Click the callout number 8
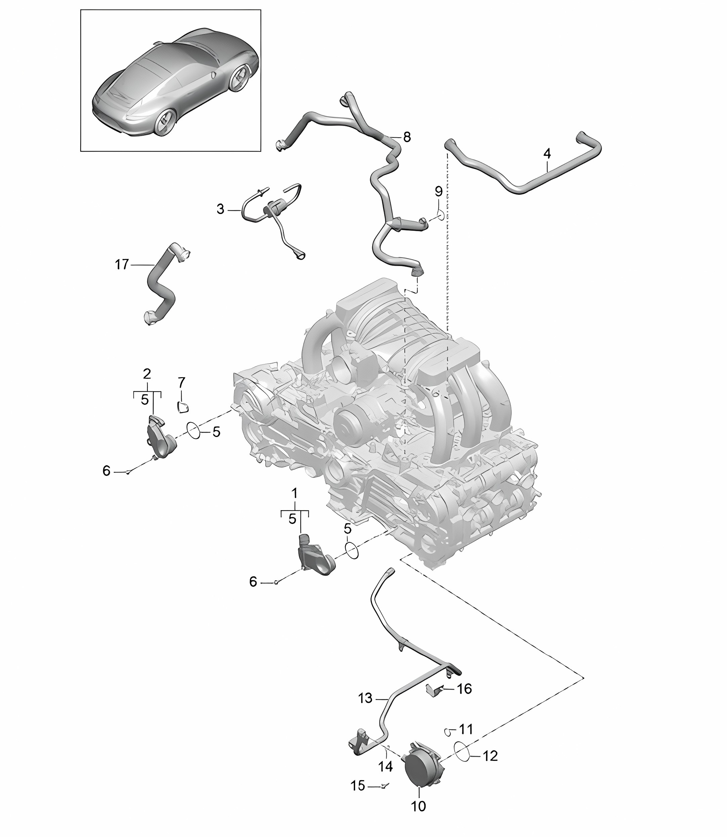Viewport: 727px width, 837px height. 407,137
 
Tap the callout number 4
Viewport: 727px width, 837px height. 547,154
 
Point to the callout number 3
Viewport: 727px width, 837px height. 220,210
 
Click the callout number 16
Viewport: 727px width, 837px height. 465,688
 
